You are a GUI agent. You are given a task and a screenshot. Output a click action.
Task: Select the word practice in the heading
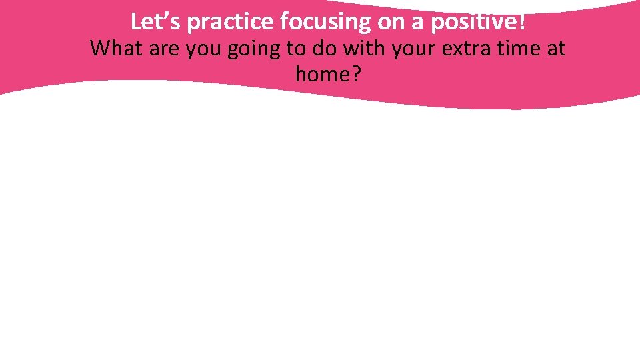pos(231,23)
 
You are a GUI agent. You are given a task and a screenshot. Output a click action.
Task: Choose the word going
pos(257,49)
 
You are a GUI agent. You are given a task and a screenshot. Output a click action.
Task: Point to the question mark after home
pos(355,74)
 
